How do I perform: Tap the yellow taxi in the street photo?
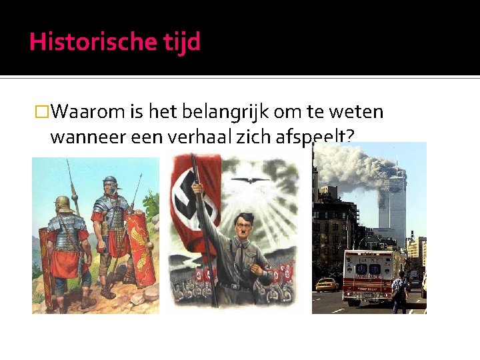327,285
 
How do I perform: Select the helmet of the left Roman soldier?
64,203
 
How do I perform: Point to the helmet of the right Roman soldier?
109,181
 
